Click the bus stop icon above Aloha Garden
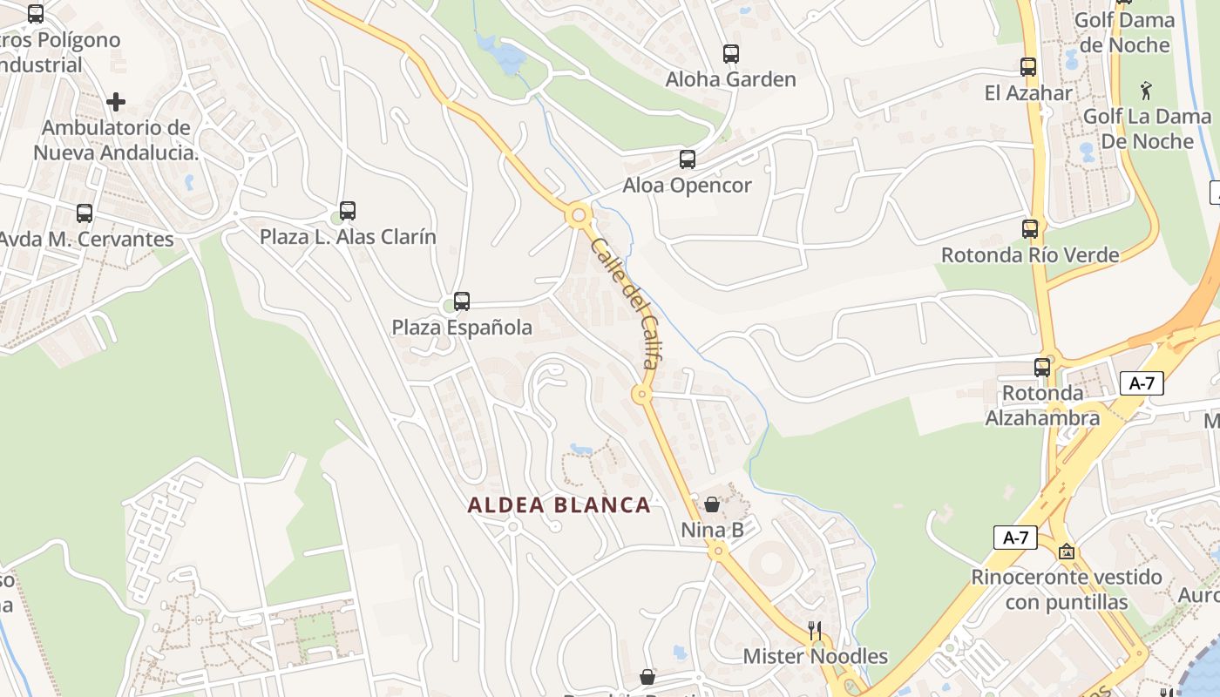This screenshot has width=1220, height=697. pos(731,54)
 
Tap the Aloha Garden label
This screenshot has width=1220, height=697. pos(731,79)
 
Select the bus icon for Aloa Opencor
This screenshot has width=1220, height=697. pos(688,159)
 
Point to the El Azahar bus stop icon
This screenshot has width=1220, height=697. pos(1028,66)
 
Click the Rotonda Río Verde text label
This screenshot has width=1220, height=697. pos(1030,255)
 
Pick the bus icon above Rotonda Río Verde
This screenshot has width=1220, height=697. pos(1030,229)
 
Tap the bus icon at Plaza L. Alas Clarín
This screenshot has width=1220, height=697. pos(348,211)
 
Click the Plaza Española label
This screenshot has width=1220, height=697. pos(462,328)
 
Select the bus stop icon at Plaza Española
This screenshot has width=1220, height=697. pos(462,301)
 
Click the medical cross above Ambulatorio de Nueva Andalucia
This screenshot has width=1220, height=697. pos(116,102)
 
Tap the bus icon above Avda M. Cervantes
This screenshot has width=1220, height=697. pos(85,213)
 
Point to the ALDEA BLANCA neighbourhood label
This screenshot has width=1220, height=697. pos(559,505)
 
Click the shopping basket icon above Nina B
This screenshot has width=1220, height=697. pos(712,504)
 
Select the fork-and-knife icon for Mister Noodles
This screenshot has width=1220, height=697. pos(816,631)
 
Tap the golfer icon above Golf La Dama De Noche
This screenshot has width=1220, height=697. pos(1146,90)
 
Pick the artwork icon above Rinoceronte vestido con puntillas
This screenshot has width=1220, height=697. pos(1066,552)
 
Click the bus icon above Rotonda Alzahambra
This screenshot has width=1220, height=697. pos(1042,368)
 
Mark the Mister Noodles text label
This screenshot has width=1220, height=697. pos(816,656)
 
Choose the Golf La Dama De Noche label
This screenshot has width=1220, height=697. pos(1146,129)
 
